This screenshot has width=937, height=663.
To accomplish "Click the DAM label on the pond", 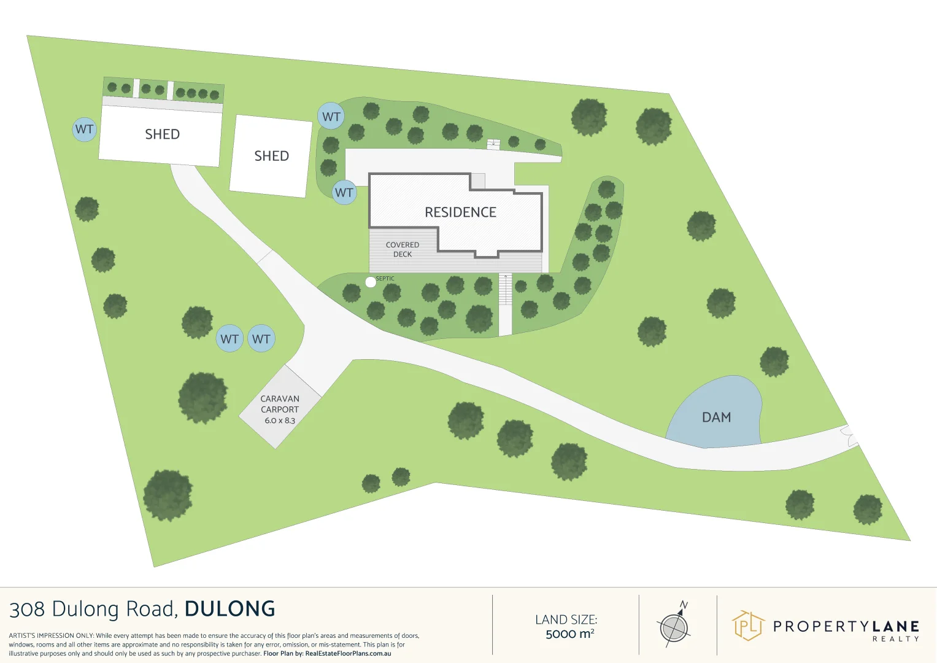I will pyautogui.click(x=716, y=417).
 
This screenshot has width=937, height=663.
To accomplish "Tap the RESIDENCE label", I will pyautogui.click(x=460, y=212).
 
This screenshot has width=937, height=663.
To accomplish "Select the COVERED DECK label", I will pyautogui.click(x=403, y=249).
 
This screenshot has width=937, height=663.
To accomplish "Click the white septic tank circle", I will pyautogui.click(x=371, y=282).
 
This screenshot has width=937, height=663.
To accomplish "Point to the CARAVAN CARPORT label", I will pyautogui.click(x=280, y=404).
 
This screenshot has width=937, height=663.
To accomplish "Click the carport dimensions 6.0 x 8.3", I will pyautogui.click(x=280, y=421).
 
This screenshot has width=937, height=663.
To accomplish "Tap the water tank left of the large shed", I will pyautogui.click(x=84, y=130).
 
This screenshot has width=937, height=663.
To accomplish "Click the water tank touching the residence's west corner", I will pyautogui.click(x=344, y=193).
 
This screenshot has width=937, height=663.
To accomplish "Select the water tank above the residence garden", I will pyautogui.click(x=331, y=116).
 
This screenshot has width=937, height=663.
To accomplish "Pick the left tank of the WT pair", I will pyautogui.click(x=229, y=339).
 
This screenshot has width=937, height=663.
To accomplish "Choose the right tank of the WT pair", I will pyautogui.click(x=261, y=339).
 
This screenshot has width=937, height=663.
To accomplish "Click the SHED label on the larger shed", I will pyautogui.click(x=162, y=134).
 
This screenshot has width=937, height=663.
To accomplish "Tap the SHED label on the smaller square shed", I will pyautogui.click(x=271, y=156).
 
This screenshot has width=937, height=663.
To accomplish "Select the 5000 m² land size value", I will pyautogui.click(x=569, y=634).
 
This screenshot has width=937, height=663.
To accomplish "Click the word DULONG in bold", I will pyautogui.click(x=229, y=609).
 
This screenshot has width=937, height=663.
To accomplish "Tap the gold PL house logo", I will pyautogui.click(x=748, y=626).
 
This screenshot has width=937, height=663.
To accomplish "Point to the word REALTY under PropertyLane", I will pyautogui.click(x=895, y=639).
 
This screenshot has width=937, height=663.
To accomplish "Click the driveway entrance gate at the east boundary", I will pyautogui.click(x=851, y=435).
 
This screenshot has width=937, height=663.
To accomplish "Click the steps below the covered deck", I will pyautogui.click(x=505, y=289).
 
